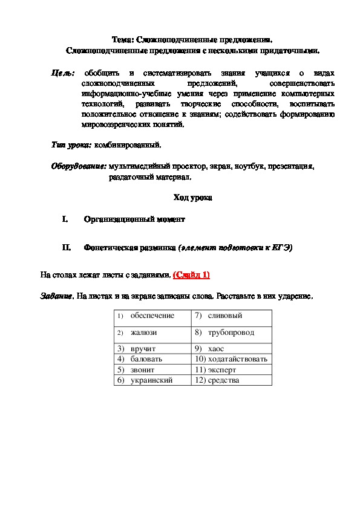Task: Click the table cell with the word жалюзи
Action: [x=151, y=332]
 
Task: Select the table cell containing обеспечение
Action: [x=151, y=316]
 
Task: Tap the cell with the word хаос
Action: [x=231, y=349]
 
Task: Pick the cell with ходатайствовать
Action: [x=231, y=359]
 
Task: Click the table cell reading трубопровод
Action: [x=231, y=332]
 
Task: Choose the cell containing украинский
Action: [x=151, y=380]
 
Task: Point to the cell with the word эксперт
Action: [x=231, y=369]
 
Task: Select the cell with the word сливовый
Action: [x=231, y=316]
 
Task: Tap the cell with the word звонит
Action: [x=151, y=369]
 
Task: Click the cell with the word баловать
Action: [x=151, y=359]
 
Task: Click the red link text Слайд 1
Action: [x=191, y=275]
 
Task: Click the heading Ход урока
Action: [x=192, y=198]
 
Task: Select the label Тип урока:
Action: [x=71, y=145]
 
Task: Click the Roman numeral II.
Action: [x=67, y=247]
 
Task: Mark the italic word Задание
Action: [x=56, y=297]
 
